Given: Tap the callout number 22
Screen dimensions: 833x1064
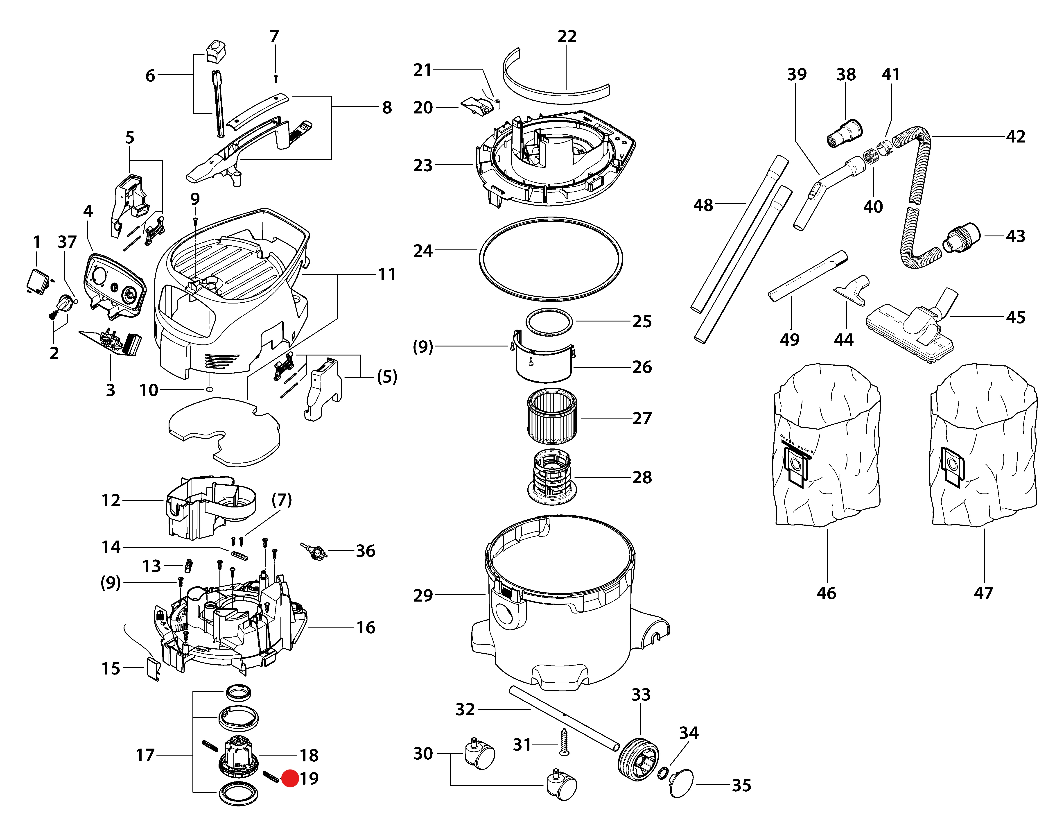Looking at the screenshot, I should [567, 36].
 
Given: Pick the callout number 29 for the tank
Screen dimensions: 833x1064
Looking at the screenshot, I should [423, 595].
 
